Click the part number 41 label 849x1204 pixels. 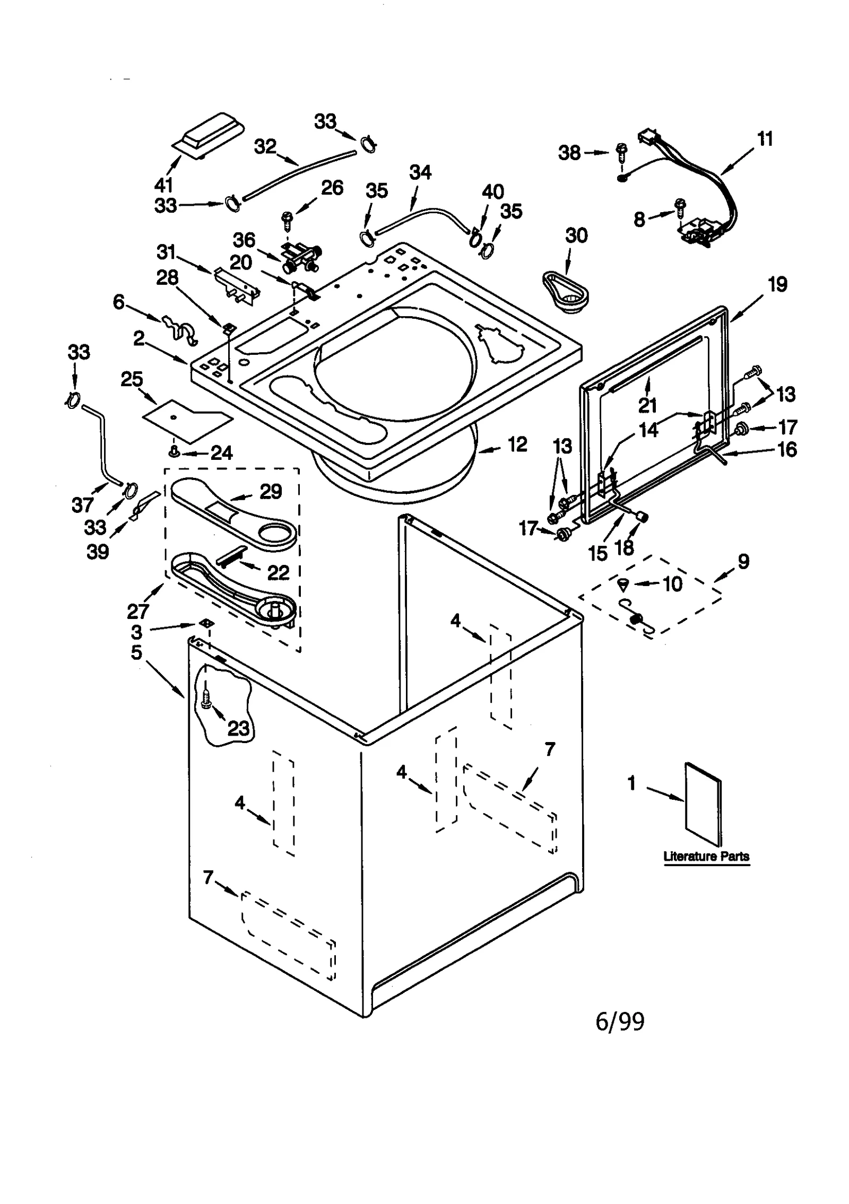pyautogui.click(x=164, y=185)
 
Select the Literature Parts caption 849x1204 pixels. pyautogui.click(x=706, y=857)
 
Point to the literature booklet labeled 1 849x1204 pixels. pyautogui.click(x=703, y=805)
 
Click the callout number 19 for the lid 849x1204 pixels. pyautogui.click(x=777, y=285)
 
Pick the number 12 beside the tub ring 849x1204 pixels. pyautogui.click(x=517, y=444)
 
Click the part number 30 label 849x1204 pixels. pyautogui.click(x=576, y=235)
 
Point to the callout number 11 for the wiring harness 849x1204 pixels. pyautogui.click(x=764, y=139)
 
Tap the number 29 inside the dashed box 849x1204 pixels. pyautogui.click(x=271, y=492)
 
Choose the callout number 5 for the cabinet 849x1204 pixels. pyautogui.click(x=137, y=652)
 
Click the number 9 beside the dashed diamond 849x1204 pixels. pyautogui.click(x=743, y=561)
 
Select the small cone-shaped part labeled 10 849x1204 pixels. pyautogui.click(x=623, y=585)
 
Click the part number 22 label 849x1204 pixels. pyautogui.click(x=278, y=573)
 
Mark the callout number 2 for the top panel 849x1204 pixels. pyautogui.click(x=138, y=338)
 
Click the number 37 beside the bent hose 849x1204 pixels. pyautogui.click(x=82, y=504)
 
